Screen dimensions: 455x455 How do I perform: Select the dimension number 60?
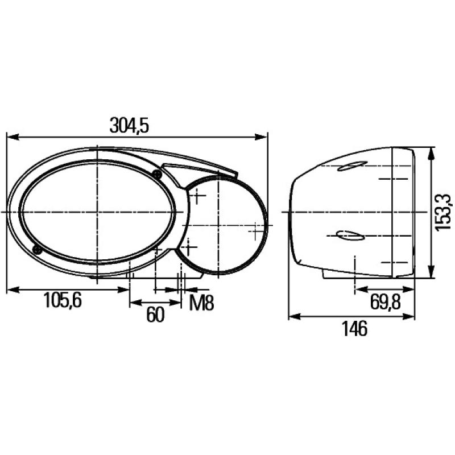click(155, 315)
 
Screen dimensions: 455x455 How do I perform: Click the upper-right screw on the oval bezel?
click(156, 173)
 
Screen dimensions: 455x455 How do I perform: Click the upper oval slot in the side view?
click(349, 167)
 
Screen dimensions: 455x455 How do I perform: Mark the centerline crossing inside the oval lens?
click(97, 212)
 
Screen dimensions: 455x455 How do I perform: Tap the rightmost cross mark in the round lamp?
click(256, 232)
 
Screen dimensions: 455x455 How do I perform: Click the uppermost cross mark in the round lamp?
click(198, 197)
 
